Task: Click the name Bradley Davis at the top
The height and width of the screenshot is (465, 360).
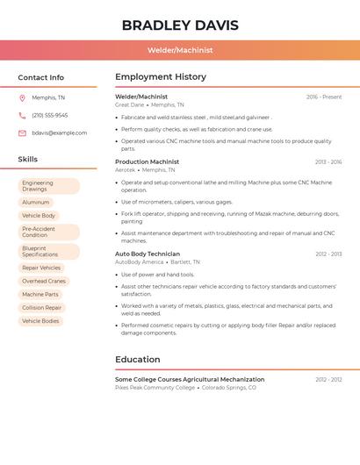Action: (x=180, y=25)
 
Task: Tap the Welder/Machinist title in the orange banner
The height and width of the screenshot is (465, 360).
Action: (x=180, y=50)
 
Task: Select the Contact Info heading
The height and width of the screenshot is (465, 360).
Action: (x=41, y=77)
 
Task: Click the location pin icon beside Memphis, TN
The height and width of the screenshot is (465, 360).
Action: (x=22, y=97)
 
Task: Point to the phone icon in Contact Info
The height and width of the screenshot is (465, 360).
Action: (x=22, y=115)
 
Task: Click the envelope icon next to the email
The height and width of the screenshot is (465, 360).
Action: (x=22, y=132)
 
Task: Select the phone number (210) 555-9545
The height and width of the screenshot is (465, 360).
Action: (x=49, y=115)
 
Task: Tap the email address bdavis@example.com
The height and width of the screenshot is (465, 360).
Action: (x=59, y=132)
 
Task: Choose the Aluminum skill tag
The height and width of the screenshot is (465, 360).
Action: (x=36, y=202)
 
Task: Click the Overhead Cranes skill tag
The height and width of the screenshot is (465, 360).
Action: (x=44, y=281)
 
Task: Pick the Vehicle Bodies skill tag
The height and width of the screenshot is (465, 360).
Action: (x=40, y=321)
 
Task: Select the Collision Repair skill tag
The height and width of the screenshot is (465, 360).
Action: (x=41, y=308)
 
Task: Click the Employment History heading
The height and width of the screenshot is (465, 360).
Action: (x=160, y=77)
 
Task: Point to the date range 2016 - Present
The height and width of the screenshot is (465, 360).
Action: (x=324, y=97)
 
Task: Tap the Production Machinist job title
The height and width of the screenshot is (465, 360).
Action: (x=147, y=161)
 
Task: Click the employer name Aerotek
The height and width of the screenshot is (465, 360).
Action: (x=125, y=169)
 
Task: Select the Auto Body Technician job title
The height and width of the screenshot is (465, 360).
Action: (x=148, y=254)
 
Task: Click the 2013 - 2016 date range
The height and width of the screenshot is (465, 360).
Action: (x=328, y=161)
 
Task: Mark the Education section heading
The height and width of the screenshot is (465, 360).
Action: (x=138, y=359)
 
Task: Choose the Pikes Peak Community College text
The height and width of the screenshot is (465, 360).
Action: (x=155, y=387)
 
